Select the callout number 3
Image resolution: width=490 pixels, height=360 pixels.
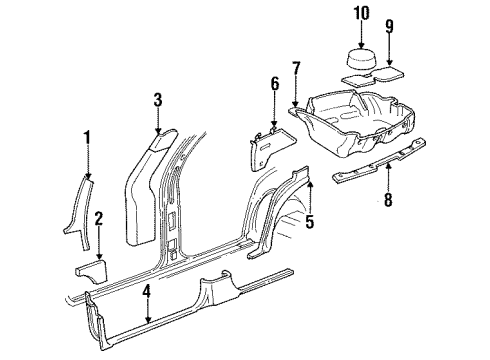point(157,99)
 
